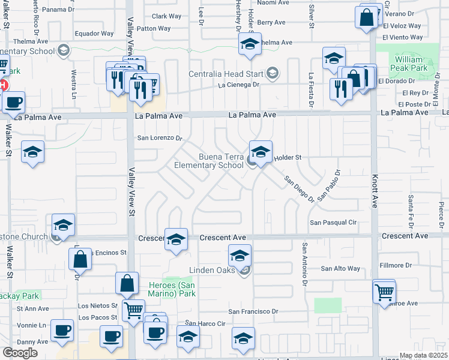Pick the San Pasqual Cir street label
333,223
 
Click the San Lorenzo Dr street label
160,138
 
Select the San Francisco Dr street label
254,311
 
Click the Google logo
20,353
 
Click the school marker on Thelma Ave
250,44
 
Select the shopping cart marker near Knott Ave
384,292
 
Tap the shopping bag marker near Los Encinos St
80,259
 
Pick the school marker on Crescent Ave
176,239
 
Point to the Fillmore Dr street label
396,265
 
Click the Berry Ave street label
271,22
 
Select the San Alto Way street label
340,269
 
